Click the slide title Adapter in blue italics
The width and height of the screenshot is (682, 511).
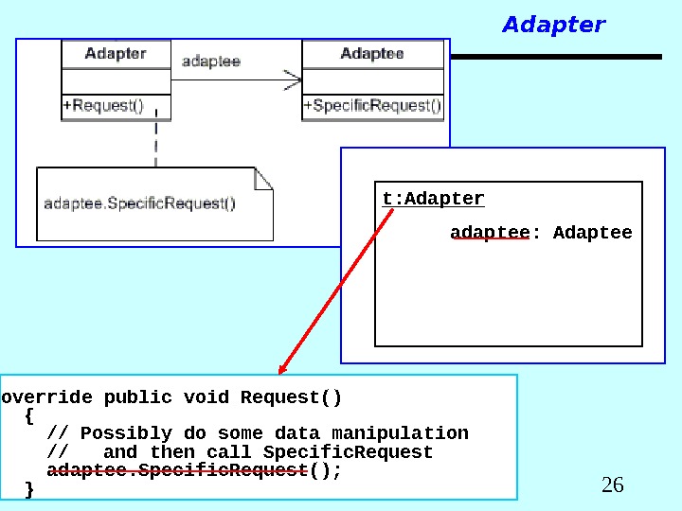pyautogui.click(x=553, y=25)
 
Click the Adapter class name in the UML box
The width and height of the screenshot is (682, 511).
pyautogui.click(x=116, y=54)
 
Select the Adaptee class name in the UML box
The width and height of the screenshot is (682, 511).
pyautogui.click(x=372, y=54)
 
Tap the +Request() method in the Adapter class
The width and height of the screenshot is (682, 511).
pyautogui.click(x=103, y=106)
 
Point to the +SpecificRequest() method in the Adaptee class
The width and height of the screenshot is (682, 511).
pyautogui.click(x=372, y=106)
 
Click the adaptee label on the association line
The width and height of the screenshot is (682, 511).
pyautogui.click(x=210, y=62)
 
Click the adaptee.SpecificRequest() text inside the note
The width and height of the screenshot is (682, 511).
pyautogui.click(x=140, y=203)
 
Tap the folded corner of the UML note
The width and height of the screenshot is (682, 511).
pyautogui.click(x=263, y=177)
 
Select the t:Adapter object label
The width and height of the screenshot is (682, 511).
pyautogui.click(x=433, y=199)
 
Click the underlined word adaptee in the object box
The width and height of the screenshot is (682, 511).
pyautogui.click(x=489, y=232)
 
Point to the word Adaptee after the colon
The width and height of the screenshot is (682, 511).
pyautogui.click(x=592, y=232)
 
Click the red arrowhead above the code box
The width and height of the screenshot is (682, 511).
pyautogui.click(x=283, y=368)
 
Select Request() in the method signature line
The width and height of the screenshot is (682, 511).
pyautogui.click(x=291, y=396)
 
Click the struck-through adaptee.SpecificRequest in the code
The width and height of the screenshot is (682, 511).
pyautogui.click(x=177, y=470)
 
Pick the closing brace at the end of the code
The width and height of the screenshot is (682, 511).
pyautogui.click(x=29, y=489)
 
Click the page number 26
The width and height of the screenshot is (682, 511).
pyautogui.click(x=613, y=485)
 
